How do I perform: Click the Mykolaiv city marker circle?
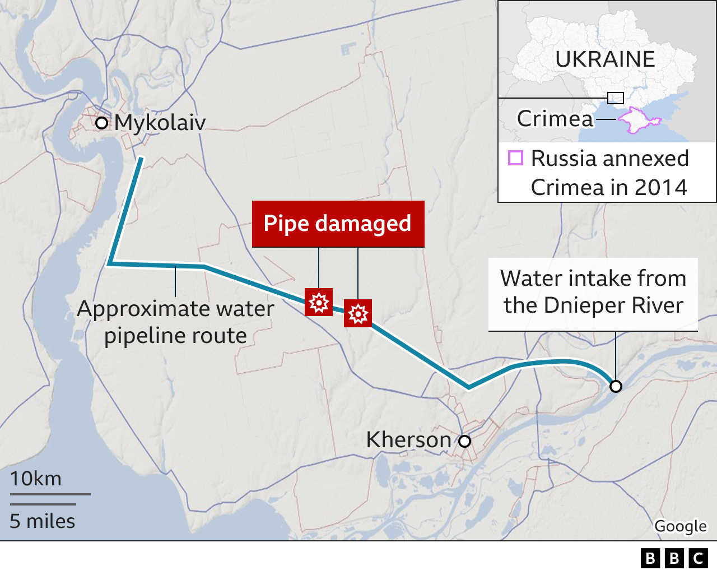tap(101, 123)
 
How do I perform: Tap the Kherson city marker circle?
tap(464, 441)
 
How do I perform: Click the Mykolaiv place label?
tap(160, 123)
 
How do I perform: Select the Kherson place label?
tap(408, 440)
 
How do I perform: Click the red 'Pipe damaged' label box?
tap(338, 224)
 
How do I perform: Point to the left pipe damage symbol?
tap(319, 302)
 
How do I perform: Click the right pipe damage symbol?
tap(358, 313)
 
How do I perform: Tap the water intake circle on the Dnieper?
tap(616, 386)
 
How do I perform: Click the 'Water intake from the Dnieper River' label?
tap(593, 292)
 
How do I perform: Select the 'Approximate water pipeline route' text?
tap(175, 322)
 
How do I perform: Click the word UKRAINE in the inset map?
tap(605, 59)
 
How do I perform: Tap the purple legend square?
tap(515, 157)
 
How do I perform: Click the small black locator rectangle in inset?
tap(616, 98)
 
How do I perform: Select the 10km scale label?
tap(36, 479)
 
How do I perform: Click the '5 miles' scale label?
tap(43, 521)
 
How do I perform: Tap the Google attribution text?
tap(681, 526)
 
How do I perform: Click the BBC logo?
tap(674, 558)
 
